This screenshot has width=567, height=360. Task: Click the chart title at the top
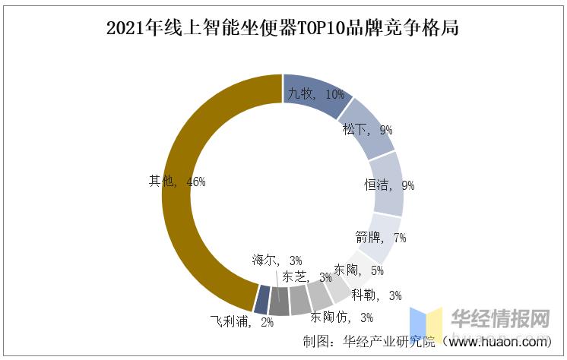[x=283, y=30]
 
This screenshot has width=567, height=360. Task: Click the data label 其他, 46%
[x=177, y=182]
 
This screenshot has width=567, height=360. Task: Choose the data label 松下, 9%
[x=367, y=130]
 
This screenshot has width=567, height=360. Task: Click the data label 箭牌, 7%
[x=381, y=238]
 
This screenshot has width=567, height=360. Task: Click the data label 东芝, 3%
[x=306, y=276]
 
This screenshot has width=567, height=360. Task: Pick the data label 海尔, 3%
[x=277, y=261]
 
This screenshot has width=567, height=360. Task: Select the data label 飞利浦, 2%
[x=241, y=321]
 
